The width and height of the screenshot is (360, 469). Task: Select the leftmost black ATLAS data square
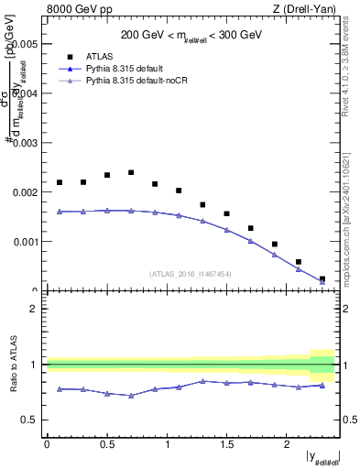pyautogui.click(x=60, y=182)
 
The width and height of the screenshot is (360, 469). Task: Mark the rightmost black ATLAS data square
pyautogui.click(x=322, y=278)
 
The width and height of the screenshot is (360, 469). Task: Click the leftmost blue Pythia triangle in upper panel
pyautogui.click(x=60, y=212)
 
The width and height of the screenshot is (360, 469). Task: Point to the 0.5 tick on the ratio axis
pyautogui.click(x=32, y=420)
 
